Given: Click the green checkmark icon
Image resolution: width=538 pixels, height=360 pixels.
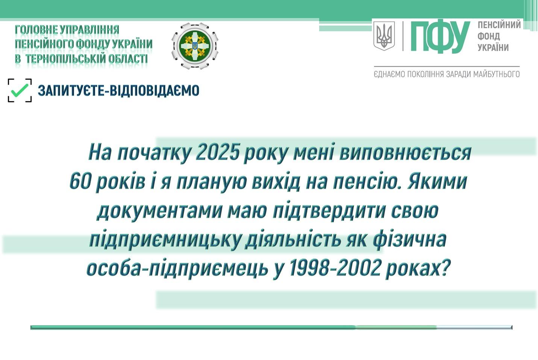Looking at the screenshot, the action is [x=19, y=90].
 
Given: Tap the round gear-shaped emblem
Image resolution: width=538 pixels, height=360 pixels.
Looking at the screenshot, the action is [x=195, y=46].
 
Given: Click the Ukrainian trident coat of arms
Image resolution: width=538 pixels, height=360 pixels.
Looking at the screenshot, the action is [x=384, y=36].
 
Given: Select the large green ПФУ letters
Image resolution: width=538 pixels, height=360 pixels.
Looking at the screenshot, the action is [x=440, y=37].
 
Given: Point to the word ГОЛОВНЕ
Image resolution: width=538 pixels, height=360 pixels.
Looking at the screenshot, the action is [x=36, y=30].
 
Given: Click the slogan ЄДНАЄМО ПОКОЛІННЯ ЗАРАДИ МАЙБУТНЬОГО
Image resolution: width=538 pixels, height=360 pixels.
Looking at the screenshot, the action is [x=447, y=74].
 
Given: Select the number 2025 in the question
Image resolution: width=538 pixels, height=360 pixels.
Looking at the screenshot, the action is [x=218, y=152].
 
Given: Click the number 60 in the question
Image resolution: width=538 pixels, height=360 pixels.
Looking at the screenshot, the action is [x=80, y=181].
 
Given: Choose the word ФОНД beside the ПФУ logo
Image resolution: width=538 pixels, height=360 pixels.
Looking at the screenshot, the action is [x=488, y=36].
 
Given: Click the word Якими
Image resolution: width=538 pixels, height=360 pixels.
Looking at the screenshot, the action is [x=437, y=181].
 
